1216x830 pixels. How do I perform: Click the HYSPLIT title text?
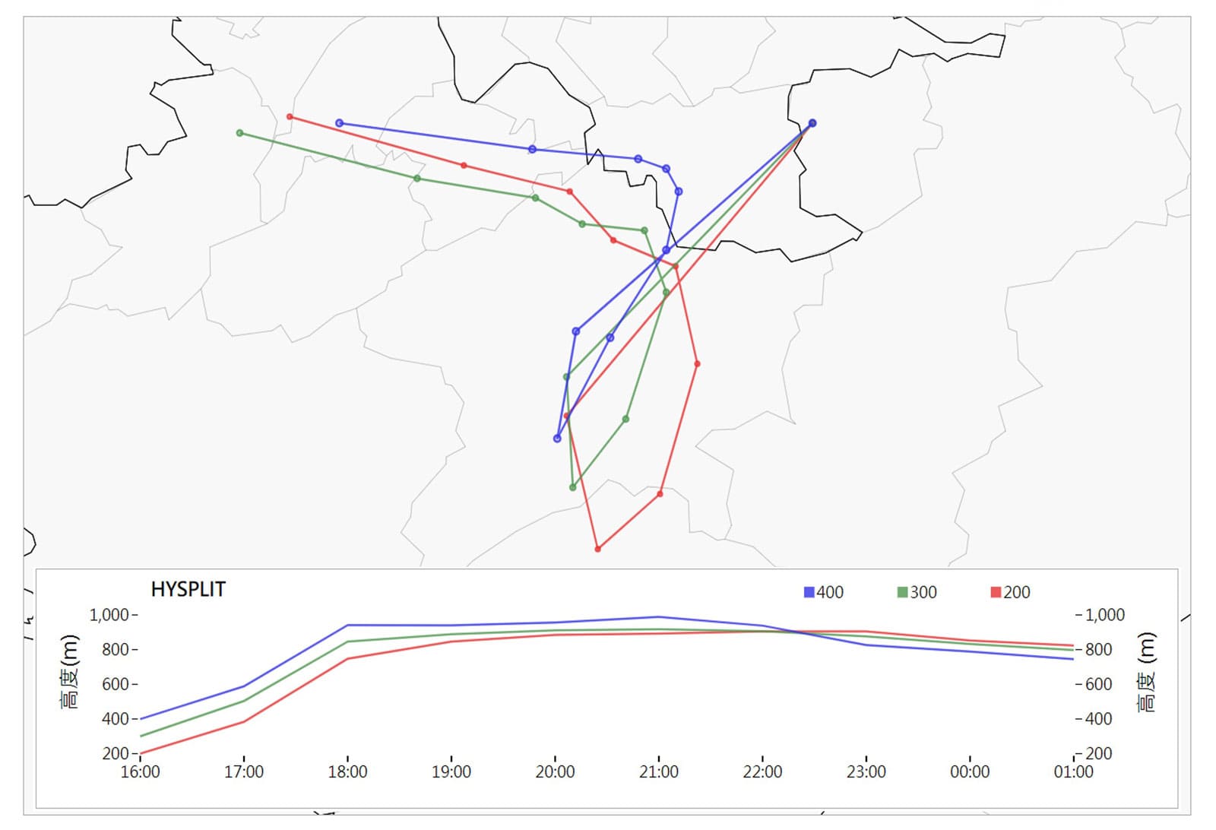pyautogui.click(x=188, y=590)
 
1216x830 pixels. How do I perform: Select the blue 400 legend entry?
pyautogui.click(x=824, y=592)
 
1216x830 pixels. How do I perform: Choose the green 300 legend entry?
pyautogui.click(x=917, y=592)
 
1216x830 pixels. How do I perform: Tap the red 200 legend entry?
pyautogui.click(x=1011, y=592)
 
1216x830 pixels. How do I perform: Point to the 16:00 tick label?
pyautogui.click(x=140, y=772)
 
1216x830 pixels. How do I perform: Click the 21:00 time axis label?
pyautogui.click(x=659, y=772)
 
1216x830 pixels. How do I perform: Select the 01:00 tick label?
pyautogui.click(x=1073, y=772)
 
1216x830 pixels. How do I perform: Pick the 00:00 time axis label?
pyautogui.click(x=970, y=772)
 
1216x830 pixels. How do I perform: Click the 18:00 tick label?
pyautogui.click(x=347, y=772)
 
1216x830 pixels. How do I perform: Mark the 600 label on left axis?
pyautogui.click(x=115, y=684)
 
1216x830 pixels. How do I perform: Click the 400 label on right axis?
pyautogui.click(x=1098, y=718)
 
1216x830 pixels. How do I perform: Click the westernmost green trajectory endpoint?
pyautogui.click(x=240, y=133)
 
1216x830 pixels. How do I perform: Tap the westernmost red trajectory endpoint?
pyautogui.click(x=290, y=117)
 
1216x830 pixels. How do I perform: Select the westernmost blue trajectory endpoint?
pyautogui.click(x=340, y=123)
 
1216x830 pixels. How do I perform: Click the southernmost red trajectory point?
pyautogui.click(x=598, y=549)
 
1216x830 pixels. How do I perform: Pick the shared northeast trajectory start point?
pyautogui.click(x=812, y=123)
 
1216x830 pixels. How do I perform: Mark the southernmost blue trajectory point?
pyautogui.click(x=557, y=439)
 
